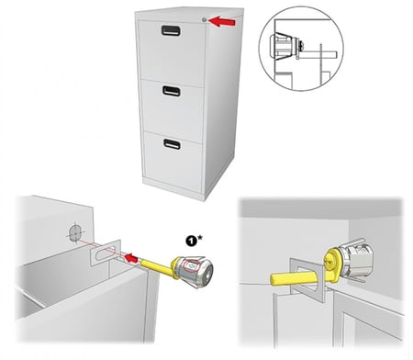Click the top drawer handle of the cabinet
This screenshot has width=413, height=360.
point(171,30)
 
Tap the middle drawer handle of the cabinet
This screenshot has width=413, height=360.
point(172,91)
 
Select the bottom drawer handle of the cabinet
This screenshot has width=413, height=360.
point(172,144)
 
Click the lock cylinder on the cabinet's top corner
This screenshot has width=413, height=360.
point(205,20)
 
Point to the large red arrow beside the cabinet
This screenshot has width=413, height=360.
point(222,22)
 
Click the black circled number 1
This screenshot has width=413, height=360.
point(191,241)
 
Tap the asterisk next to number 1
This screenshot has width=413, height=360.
point(199,238)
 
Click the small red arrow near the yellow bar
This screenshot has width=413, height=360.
point(131,259)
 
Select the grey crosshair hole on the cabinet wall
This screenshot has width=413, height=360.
point(75,233)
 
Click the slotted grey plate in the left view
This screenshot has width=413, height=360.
point(106,253)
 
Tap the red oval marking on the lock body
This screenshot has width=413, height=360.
point(192,264)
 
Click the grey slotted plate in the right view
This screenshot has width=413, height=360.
point(306,280)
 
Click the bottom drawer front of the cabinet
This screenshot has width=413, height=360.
point(173,157)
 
